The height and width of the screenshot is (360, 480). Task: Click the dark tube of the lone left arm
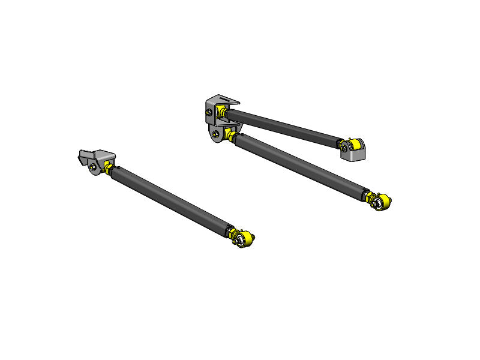(171, 200)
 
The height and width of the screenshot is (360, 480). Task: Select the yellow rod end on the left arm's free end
(242, 238)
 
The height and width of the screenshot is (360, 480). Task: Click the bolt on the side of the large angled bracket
(209, 112)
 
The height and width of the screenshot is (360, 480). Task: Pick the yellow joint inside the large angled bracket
(222, 112)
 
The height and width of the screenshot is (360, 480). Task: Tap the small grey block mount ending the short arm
(354, 154)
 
